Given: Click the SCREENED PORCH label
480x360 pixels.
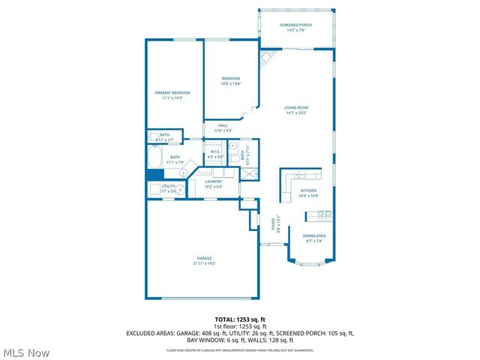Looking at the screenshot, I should click(295, 25).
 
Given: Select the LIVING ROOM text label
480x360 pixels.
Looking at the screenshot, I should click(296, 107).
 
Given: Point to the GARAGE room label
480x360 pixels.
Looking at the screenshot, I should click(205, 258).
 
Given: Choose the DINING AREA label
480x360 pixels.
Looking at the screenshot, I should click(314, 236).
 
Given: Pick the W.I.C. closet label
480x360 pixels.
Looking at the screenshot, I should click(214, 151).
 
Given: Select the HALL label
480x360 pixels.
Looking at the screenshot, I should click(223, 125).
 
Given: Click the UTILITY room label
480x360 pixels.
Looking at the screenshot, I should click(168, 186).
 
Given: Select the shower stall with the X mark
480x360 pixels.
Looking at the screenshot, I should click(245, 173).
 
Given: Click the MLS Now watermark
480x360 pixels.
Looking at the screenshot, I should click(26, 352).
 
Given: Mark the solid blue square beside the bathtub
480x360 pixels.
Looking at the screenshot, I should click(154, 175).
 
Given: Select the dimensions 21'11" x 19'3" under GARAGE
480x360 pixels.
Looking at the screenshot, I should click(205, 263).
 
